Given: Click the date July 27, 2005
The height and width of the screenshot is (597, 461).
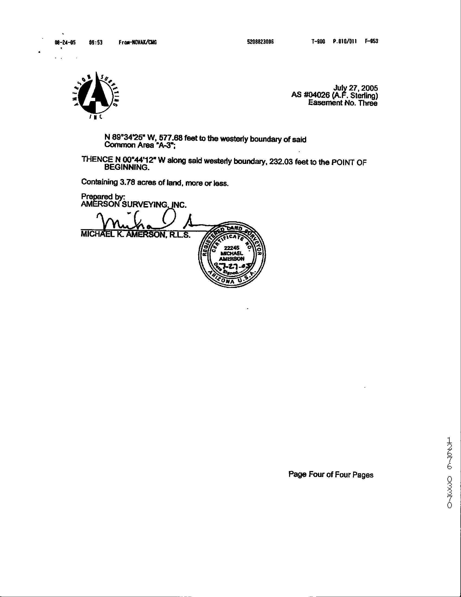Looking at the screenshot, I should tap(356, 88).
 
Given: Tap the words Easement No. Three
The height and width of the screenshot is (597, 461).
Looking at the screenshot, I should tap(342, 103).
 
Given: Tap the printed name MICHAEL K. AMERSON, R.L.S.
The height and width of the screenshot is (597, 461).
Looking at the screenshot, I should tap(135, 235).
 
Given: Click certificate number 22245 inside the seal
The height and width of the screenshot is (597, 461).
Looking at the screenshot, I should tap(232, 248).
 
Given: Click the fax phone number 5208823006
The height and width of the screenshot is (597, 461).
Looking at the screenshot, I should tap(260, 42).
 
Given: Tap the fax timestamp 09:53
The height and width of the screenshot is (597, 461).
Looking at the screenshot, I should tap(96, 42).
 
